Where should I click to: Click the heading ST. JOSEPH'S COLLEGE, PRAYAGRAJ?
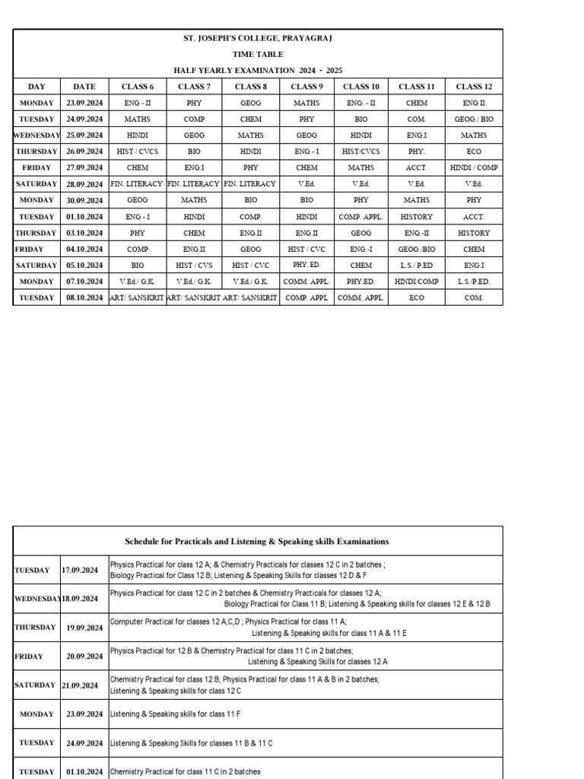pyautogui.click(x=258, y=38)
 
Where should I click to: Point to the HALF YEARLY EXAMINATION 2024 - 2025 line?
pyautogui.click(x=258, y=70)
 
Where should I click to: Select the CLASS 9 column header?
pyautogui.click(x=306, y=87)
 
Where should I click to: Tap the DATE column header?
pyautogui.click(x=84, y=87)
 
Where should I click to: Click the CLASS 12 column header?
pyautogui.click(x=474, y=87)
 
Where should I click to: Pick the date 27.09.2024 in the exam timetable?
pyautogui.click(x=84, y=168)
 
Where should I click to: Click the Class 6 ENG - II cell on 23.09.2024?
pyautogui.click(x=138, y=103)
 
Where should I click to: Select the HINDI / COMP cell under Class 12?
pyautogui.click(x=474, y=168)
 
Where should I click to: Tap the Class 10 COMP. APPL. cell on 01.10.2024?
pyautogui.click(x=361, y=217)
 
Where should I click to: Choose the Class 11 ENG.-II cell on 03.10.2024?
pyautogui.click(x=417, y=234)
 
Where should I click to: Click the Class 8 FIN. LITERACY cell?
pyautogui.click(x=250, y=184)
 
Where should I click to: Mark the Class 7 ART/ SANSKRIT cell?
pyautogui.click(x=194, y=298)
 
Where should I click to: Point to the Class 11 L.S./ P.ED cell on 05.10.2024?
pyautogui.click(x=417, y=265)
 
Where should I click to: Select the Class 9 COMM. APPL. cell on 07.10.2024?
pyautogui.click(x=306, y=281)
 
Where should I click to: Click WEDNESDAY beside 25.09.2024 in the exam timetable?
pyautogui.click(x=36, y=135)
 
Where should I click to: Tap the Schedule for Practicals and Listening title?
pyautogui.click(x=257, y=542)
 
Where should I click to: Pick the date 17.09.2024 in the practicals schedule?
pyautogui.click(x=80, y=570)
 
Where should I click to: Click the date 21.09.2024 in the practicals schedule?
pyautogui.click(x=80, y=685)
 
